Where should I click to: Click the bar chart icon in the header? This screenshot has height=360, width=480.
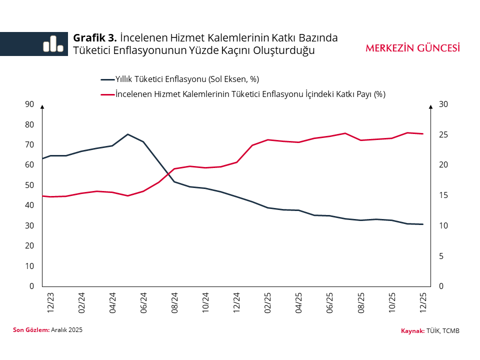[x=53, y=44]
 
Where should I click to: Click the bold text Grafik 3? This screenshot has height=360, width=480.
[x=95, y=38]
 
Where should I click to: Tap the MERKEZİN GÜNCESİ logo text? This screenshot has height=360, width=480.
[x=412, y=48]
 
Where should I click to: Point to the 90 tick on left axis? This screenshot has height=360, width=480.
[x=29, y=104]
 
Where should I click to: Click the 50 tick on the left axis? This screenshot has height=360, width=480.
[x=29, y=185]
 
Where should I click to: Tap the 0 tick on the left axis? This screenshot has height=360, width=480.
[x=31, y=286]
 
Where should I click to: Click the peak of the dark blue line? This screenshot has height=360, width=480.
[x=127, y=134]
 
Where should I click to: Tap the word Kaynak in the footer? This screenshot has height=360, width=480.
[x=412, y=331]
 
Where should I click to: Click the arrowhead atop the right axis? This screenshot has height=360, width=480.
[x=430, y=106]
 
